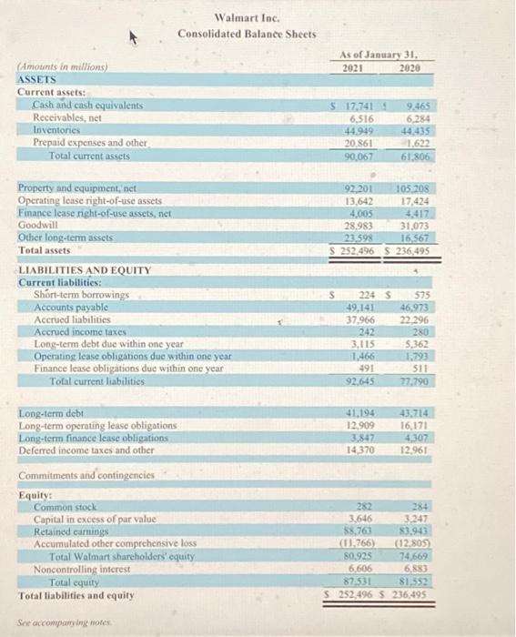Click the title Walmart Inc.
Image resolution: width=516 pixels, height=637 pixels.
(x=248, y=17)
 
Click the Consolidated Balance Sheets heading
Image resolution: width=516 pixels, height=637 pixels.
(x=247, y=35)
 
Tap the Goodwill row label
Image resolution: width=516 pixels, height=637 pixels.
(x=39, y=220)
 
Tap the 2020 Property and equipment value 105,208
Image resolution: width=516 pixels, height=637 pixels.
(x=413, y=187)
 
